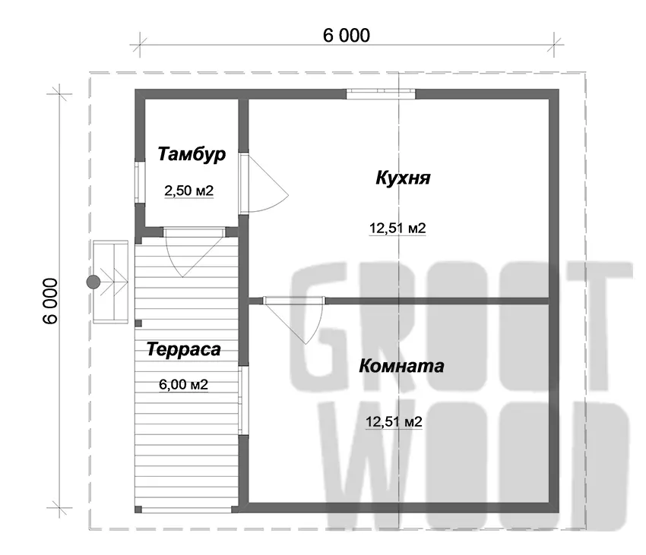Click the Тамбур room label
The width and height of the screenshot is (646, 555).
[x=192, y=155]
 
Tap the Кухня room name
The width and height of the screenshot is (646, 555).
[x=403, y=178]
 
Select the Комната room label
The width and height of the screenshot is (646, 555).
[x=401, y=366]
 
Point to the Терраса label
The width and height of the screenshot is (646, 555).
[x=183, y=349]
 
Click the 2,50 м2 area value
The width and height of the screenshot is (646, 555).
[x=188, y=191]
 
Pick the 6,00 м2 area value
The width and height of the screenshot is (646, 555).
[x=183, y=384]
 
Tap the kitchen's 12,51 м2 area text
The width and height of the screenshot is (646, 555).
[x=397, y=228]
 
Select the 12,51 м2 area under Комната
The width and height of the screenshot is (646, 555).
[x=394, y=422]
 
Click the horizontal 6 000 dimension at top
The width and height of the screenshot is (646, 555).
[x=347, y=36]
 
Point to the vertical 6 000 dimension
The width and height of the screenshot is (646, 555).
[x=51, y=301]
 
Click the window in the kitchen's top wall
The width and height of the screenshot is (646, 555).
[x=381, y=94]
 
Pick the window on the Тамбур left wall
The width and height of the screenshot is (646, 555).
[x=140, y=182]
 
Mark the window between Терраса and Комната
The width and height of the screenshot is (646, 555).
[x=244, y=400]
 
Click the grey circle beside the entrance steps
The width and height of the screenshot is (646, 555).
[x=93, y=282]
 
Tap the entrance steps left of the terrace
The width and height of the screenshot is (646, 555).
[x=110, y=282]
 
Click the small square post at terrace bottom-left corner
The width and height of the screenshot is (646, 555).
[x=138, y=509]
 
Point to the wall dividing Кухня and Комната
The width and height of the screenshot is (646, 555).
[x=399, y=301]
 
